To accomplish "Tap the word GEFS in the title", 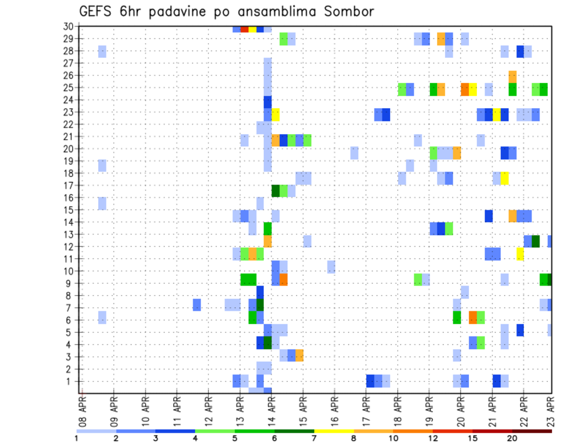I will [98, 11].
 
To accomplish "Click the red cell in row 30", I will [244, 28].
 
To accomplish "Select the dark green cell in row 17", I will [276, 191].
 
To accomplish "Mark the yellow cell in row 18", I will [505, 179].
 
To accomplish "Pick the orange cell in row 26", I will [512, 76].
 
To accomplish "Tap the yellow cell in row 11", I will [520, 254].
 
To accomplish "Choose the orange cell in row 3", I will [299, 355].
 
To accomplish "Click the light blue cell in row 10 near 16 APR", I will [331, 266].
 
